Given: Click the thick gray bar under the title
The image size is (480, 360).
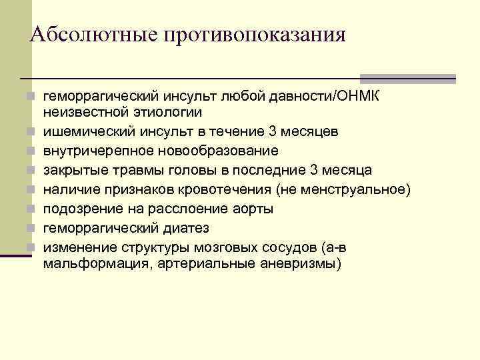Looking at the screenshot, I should [x=407, y=78].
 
